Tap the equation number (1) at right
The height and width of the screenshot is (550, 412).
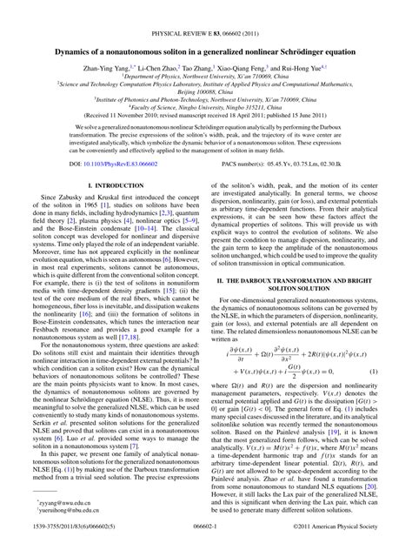click(x=390, y=372)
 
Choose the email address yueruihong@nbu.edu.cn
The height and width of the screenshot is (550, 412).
click(x=56, y=511)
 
